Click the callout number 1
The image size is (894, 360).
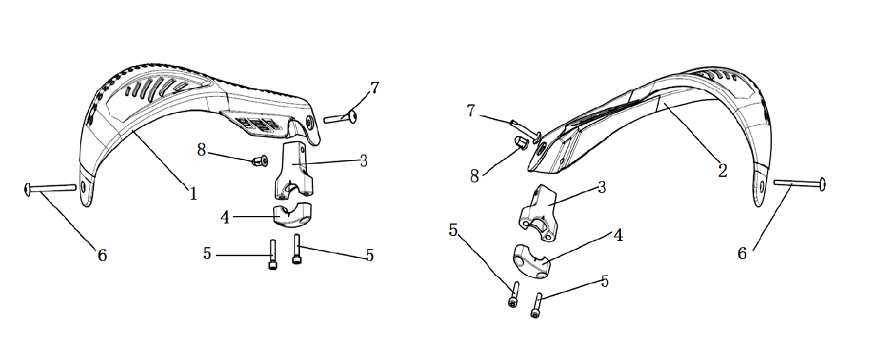[x=193, y=194]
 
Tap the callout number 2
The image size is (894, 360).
[x=722, y=171]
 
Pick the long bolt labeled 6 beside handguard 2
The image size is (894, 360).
[x=799, y=184]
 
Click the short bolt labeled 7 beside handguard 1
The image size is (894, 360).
[x=340, y=117]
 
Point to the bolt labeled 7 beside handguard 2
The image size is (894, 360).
[x=525, y=130]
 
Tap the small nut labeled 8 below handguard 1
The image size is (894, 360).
[x=260, y=161]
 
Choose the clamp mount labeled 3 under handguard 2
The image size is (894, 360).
[x=539, y=213]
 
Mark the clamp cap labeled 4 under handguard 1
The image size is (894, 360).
[x=293, y=216]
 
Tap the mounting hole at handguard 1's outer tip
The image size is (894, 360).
[x=83, y=186]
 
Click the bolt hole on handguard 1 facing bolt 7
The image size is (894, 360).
[x=310, y=122]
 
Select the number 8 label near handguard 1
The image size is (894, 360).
[x=201, y=151]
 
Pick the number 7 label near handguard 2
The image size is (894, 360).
[x=471, y=111]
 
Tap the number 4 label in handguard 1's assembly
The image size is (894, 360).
[x=225, y=218]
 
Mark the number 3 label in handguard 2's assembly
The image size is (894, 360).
[x=602, y=187]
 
